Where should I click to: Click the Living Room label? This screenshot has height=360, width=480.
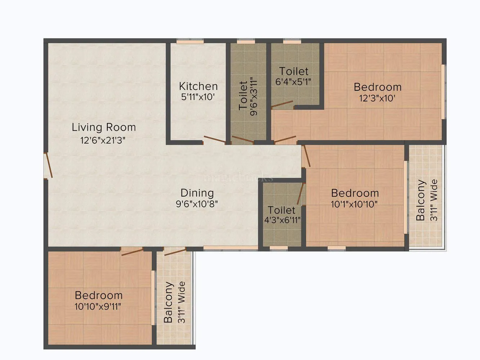(104, 127)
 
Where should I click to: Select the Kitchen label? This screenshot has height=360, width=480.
(198, 86)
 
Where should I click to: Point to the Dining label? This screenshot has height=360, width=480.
(197, 193)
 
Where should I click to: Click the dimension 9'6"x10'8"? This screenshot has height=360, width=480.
(197, 204)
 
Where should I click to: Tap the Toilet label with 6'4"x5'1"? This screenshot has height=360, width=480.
(294, 71)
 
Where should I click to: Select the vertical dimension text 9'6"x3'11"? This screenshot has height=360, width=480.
(254, 96)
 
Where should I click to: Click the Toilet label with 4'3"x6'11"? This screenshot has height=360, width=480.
(282, 210)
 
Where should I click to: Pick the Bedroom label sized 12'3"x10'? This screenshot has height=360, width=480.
(377, 87)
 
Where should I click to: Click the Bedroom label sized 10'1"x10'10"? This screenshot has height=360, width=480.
(355, 193)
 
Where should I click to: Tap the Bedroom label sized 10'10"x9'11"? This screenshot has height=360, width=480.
(99, 295)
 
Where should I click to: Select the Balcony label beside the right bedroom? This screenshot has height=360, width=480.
(421, 200)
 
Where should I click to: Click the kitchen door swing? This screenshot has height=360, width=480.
(214, 140)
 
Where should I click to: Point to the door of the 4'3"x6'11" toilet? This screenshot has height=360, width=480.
(300, 194)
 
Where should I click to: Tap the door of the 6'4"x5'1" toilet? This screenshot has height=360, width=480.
(282, 105)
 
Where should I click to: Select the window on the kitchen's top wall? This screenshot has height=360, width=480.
(190, 41)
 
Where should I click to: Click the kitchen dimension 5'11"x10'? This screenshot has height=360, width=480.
(198, 97)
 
